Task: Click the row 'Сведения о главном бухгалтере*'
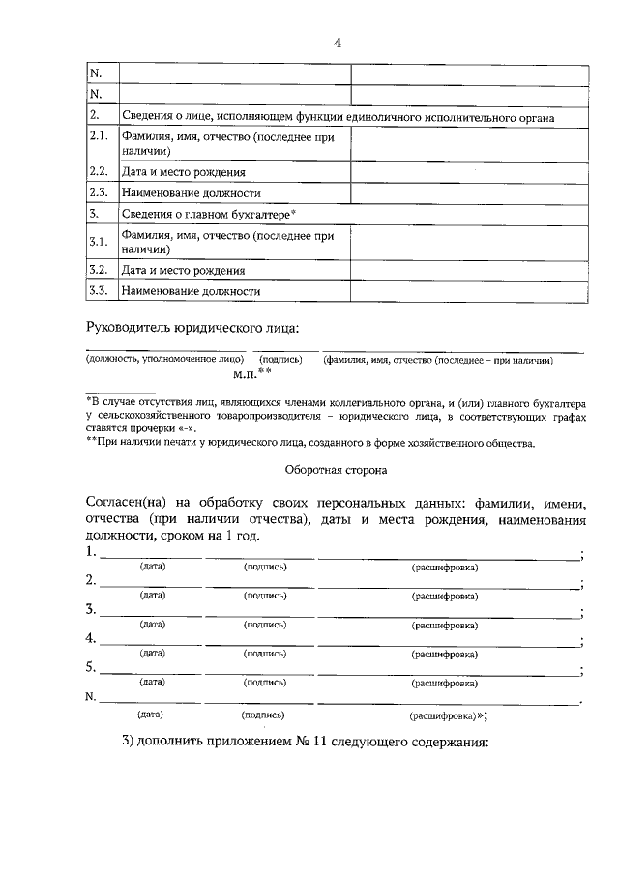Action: coord(209,213)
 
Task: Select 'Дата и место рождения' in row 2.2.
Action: coord(183,172)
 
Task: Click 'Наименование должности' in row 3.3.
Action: coord(191,290)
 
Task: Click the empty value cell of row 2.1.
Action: coord(468,143)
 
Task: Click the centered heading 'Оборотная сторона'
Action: coord(337,471)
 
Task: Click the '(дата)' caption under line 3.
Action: coord(153,625)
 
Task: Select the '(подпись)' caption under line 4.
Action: coord(265,654)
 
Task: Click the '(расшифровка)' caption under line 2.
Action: coord(445,596)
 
